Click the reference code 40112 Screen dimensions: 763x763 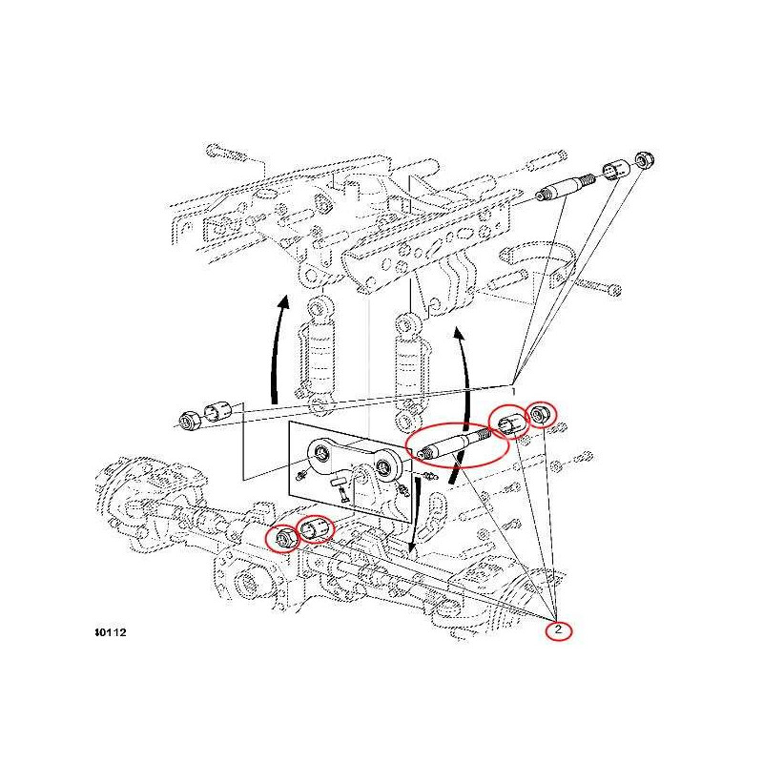112,632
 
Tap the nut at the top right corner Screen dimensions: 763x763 644,158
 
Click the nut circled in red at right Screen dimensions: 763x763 540,414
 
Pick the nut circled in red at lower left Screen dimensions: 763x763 283,539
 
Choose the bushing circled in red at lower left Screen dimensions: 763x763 316,528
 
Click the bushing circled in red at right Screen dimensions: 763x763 507,421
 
